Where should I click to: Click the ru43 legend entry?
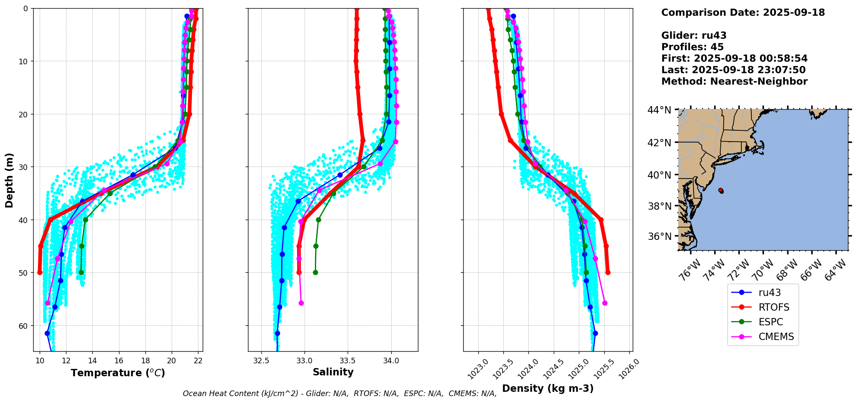(769, 293)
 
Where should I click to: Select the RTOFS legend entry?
(774, 307)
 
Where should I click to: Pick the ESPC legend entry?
(770, 322)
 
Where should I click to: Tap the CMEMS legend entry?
(776, 337)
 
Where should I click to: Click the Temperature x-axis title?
(118, 373)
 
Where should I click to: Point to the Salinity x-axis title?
(333, 372)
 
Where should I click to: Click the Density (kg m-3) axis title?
(548, 388)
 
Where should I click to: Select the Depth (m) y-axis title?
(9, 180)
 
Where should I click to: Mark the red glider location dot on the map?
(721, 190)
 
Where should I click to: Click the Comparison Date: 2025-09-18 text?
(743, 13)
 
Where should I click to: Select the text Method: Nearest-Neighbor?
(734, 82)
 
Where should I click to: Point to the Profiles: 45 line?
(692, 47)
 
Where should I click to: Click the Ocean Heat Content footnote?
(339, 394)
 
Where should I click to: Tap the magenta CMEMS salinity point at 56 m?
(301, 303)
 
